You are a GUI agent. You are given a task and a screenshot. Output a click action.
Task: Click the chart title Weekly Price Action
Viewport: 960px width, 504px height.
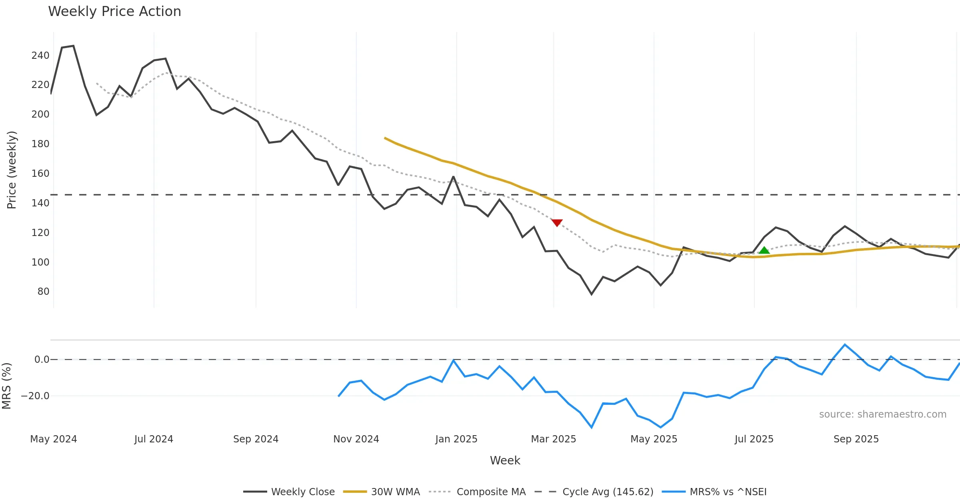tap(114, 12)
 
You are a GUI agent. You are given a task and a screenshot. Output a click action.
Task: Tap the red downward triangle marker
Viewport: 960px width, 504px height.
tap(557, 222)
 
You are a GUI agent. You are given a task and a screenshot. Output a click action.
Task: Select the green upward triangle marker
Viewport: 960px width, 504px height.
tap(764, 250)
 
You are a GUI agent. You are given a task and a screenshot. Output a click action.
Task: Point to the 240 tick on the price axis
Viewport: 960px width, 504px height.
tap(40, 56)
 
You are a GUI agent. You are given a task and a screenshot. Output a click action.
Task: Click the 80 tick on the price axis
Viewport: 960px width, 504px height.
tap(43, 292)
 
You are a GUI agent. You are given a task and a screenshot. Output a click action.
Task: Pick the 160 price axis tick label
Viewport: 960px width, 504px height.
tap(40, 174)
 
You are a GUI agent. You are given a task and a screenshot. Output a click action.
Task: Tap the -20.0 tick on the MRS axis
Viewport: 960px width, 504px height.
tap(35, 396)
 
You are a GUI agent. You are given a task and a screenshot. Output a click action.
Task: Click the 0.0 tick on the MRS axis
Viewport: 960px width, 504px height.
tap(42, 360)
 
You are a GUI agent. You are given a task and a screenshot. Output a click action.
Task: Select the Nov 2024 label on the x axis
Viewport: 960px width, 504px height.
tap(356, 439)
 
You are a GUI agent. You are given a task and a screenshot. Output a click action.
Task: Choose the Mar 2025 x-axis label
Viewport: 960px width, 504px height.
tap(553, 439)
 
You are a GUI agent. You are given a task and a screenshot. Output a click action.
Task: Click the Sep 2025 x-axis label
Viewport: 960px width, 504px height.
tap(856, 439)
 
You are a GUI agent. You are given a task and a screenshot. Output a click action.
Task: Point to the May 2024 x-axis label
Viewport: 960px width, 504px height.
tap(54, 439)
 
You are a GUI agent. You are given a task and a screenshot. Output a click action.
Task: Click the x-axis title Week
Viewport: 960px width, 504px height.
tap(505, 461)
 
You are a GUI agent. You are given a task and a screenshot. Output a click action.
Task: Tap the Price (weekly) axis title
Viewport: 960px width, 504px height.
tap(12, 170)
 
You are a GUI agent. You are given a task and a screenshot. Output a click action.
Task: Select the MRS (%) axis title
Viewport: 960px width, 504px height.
tap(6, 386)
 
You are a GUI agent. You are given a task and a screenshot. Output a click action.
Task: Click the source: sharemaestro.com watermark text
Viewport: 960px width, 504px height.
tap(882, 414)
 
